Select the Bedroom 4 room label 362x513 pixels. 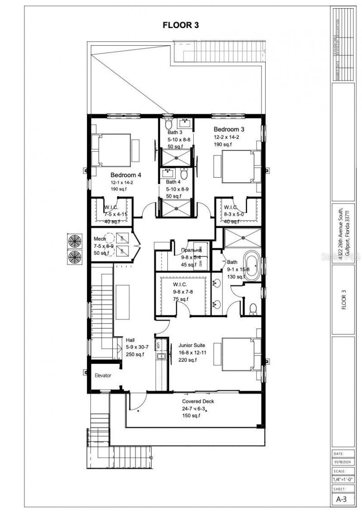click(x=126, y=174)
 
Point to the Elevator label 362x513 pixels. click(x=103, y=375)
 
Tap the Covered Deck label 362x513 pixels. click(x=198, y=402)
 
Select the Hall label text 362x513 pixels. click(x=130, y=340)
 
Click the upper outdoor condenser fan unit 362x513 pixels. click(x=75, y=240)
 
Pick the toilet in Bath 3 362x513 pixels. click(x=168, y=124)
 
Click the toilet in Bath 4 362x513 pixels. click(x=184, y=174)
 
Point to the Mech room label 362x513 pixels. click(x=100, y=239)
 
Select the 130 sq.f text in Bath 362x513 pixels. click(x=236, y=276)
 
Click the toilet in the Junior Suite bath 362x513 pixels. click(x=253, y=309)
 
